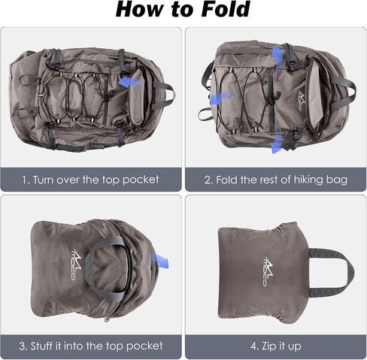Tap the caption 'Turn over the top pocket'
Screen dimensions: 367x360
[90, 180]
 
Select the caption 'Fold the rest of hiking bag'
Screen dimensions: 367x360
[276, 180]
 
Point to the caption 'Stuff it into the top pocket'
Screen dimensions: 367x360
[91, 346]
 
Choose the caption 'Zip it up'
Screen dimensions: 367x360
[276, 346]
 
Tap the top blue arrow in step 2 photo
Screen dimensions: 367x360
[278, 58]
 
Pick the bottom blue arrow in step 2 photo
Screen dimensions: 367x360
[278, 143]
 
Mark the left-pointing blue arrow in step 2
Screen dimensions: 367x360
[220, 97]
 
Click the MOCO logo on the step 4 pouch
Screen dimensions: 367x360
[268, 271]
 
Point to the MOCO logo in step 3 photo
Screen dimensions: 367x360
[76, 265]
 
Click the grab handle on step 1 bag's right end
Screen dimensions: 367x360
[169, 95]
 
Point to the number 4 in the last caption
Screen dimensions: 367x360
[253, 346]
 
